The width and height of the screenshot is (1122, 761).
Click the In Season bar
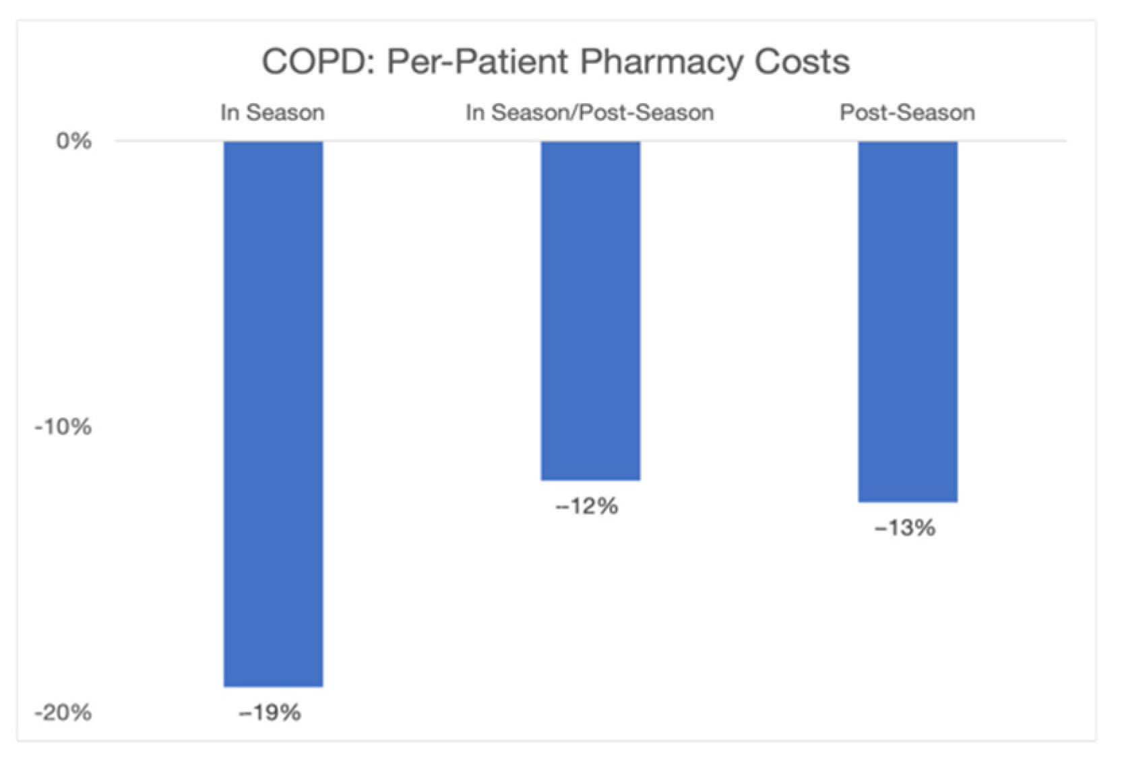coord(273,413)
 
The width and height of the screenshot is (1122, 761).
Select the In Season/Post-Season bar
coord(590,310)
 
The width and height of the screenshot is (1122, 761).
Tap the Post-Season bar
coord(907,321)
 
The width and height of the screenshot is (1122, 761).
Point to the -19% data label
coord(270,712)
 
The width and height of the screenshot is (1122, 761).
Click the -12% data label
coord(586,506)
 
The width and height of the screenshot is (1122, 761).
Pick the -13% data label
coord(904,528)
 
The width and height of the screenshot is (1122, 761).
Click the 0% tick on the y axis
coord(73,141)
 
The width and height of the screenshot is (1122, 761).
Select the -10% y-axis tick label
coord(63,427)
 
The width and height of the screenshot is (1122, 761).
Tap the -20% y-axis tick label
coord(63,712)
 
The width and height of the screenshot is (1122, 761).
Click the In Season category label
coord(272,113)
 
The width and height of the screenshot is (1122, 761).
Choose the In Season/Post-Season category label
coord(590,113)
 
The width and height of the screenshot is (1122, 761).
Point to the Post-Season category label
coord(907,113)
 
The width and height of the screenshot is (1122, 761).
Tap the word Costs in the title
coord(802,62)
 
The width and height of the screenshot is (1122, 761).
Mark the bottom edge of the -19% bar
coord(273,686)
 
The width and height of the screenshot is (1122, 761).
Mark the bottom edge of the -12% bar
coord(590,479)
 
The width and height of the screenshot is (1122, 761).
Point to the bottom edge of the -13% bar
coord(907,501)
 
